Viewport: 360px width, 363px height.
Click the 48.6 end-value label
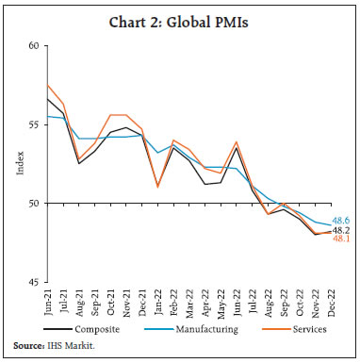click(x=342, y=220)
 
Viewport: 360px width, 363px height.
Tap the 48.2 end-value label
click(x=342, y=229)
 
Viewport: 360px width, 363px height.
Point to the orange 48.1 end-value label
click(x=342, y=239)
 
